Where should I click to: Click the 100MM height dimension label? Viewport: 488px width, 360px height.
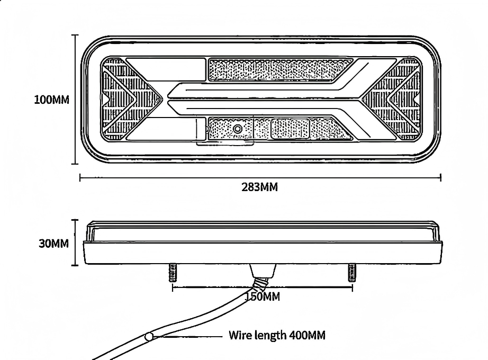(52, 100)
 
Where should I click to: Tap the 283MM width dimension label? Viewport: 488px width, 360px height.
(259, 187)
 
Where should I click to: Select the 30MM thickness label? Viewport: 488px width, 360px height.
(53, 244)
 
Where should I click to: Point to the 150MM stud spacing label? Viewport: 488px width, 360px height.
(263, 296)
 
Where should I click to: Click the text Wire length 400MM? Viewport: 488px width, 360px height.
(277, 336)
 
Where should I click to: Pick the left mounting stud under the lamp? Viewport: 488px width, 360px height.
(173, 273)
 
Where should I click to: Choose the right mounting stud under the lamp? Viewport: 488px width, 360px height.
(352, 273)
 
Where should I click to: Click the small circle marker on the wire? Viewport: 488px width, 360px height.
(149, 336)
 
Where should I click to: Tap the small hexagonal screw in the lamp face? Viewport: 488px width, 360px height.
(238, 128)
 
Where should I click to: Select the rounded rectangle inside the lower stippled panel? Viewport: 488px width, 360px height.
(291, 129)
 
